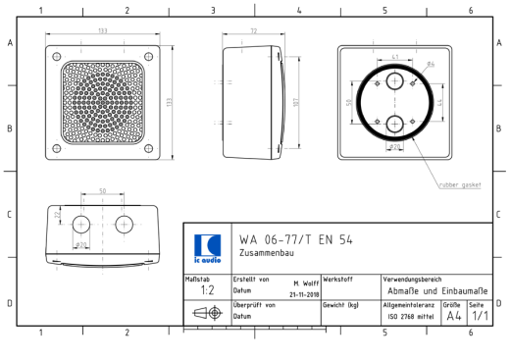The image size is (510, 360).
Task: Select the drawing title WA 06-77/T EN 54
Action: (x=296, y=240)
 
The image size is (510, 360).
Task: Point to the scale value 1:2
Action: (x=207, y=290)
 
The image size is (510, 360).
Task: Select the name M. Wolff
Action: (x=305, y=283)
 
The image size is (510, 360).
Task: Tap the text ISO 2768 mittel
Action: (x=410, y=317)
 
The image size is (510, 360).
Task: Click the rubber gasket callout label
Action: (x=458, y=183)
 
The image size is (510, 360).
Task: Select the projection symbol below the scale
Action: (x=207, y=315)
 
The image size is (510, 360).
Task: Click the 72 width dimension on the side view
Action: (x=253, y=32)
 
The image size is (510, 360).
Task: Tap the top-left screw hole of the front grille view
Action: (x=57, y=53)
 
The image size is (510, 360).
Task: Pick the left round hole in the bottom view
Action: (x=81, y=225)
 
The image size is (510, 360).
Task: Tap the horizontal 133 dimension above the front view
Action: (x=103, y=32)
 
